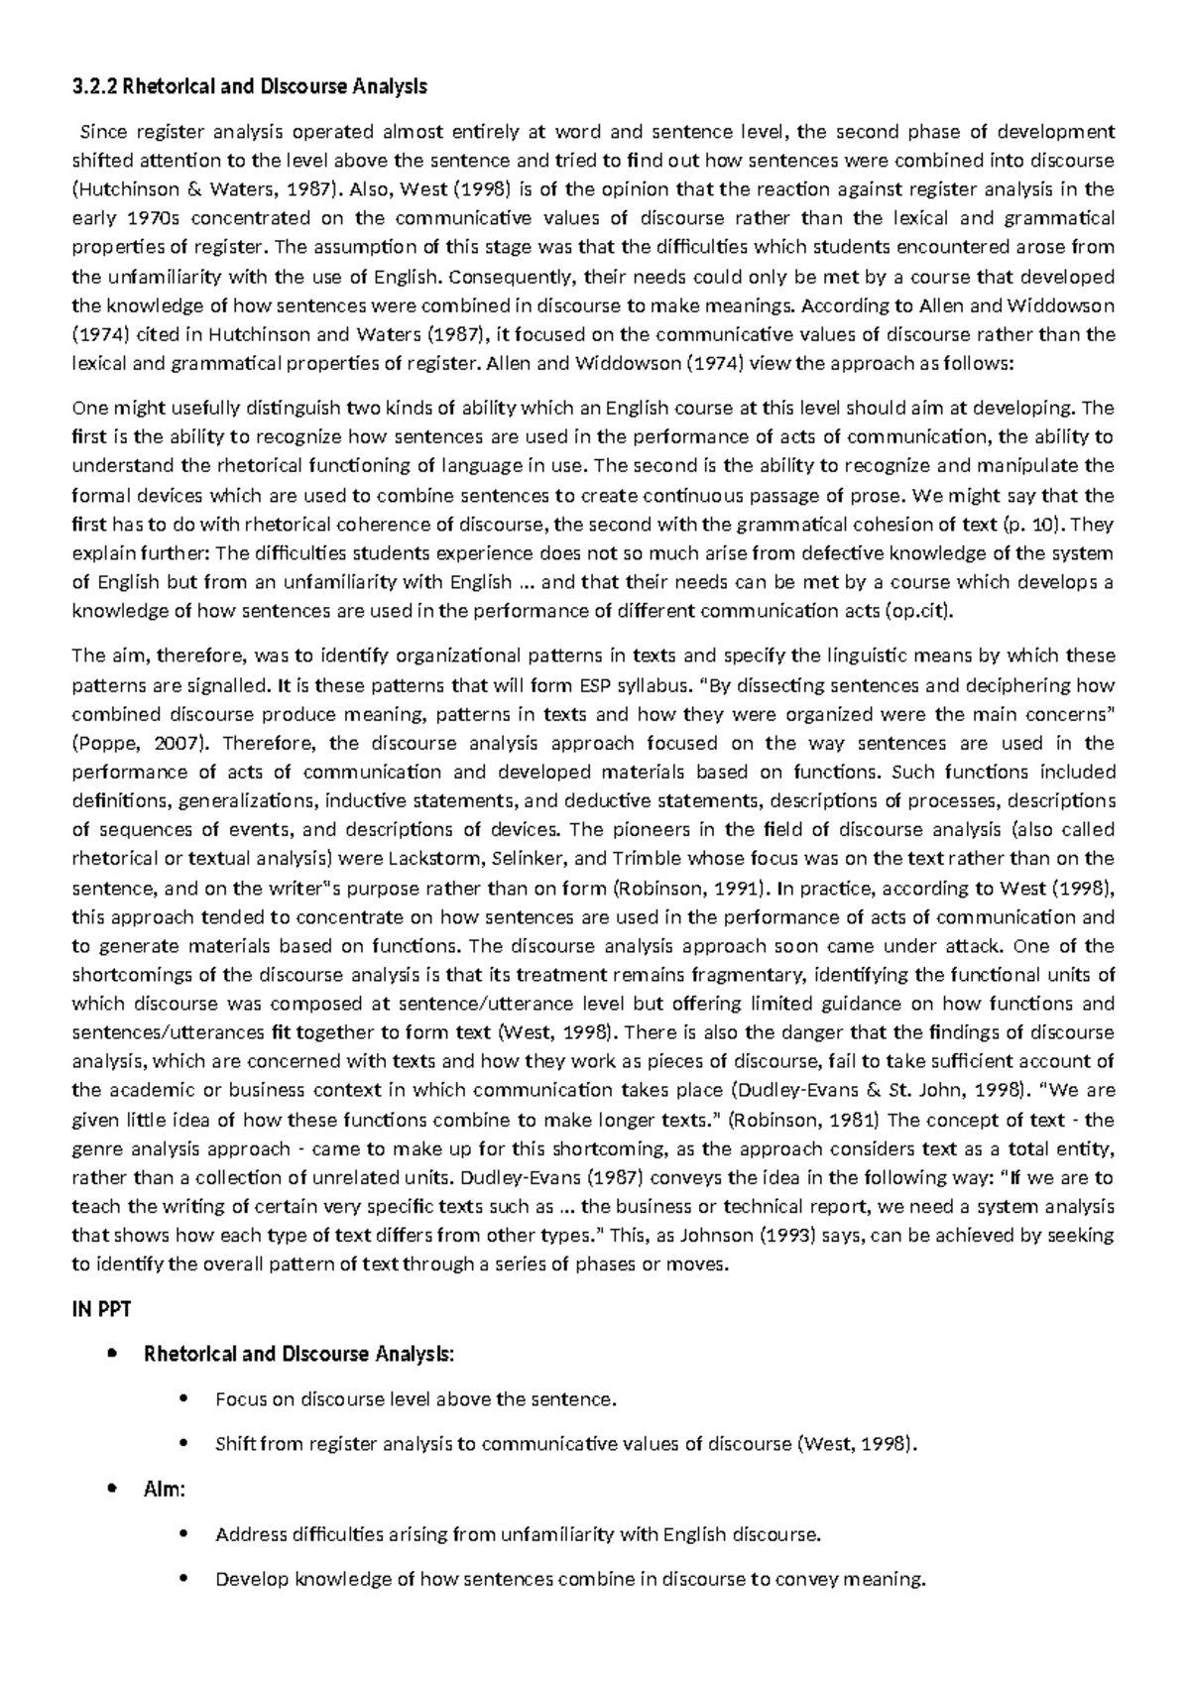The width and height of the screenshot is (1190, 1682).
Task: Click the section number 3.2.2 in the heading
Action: [95, 87]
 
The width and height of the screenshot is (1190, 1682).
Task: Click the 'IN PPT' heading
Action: [101, 1309]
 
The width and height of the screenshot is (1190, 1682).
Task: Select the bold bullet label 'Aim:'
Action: [165, 1490]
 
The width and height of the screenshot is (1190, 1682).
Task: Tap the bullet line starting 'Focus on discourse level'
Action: [416, 1399]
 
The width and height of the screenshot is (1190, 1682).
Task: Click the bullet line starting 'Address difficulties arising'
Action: [518, 1535]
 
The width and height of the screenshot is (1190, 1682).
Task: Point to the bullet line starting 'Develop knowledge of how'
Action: [569, 1580]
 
